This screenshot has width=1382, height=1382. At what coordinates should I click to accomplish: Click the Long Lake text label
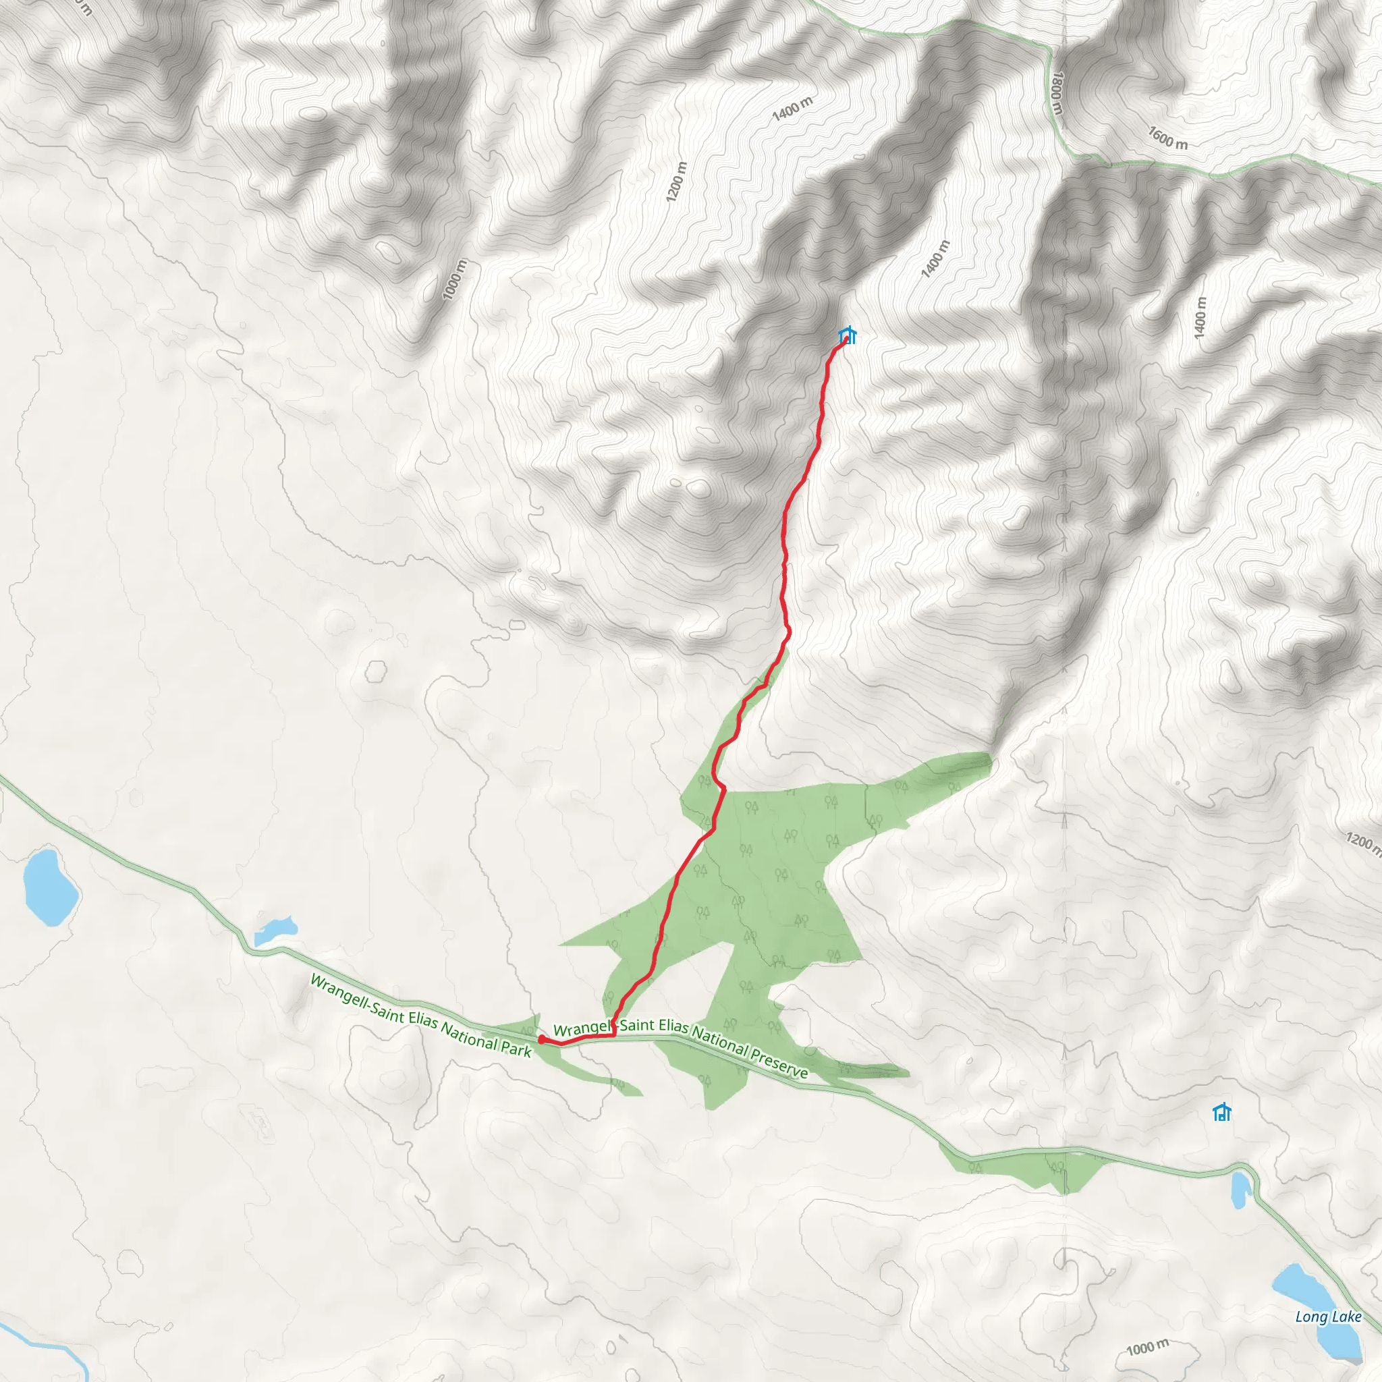(x=1327, y=1317)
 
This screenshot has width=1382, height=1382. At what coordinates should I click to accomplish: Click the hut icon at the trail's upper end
(x=848, y=335)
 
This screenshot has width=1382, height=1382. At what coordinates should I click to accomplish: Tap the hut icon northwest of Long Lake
(x=1222, y=1112)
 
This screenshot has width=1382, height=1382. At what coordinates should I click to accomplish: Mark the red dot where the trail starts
(x=541, y=1039)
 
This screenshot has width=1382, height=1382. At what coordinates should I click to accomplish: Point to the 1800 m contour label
(x=1057, y=93)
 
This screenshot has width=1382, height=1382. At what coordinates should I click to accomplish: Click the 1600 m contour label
(x=1167, y=138)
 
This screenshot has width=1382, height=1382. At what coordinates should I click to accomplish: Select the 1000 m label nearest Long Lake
(x=1147, y=1347)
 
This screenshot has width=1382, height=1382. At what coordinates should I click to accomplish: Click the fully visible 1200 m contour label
(x=676, y=182)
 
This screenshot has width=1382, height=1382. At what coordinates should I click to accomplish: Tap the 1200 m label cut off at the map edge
(x=1363, y=842)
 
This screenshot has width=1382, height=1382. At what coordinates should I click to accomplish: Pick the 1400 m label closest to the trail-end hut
(x=935, y=259)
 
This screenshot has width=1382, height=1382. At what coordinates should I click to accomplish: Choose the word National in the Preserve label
(x=719, y=1041)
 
